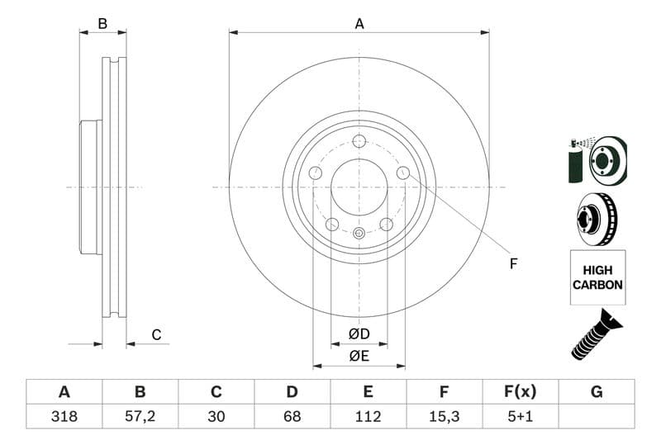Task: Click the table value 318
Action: pyautogui.click(x=64, y=416)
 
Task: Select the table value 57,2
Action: pyautogui.click(x=140, y=416)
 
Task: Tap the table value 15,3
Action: pyautogui.click(x=444, y=416)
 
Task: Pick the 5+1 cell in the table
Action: pyautogui.click(x=521, y=416)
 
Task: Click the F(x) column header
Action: pyautogui.click(x=521, y=391)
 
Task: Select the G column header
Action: pyautogui.click(x=597, y=391)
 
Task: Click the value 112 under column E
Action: pyautogui.click(x=368, y=416)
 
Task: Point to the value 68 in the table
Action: pyautogui.click(x=292, y=416)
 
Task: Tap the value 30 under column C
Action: pyautogui.click(x=216, y=416)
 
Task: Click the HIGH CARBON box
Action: pyautogui.click(x=597, y=277)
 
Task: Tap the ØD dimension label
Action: pyautogui.click(x=359, y=334)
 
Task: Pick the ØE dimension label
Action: pyautogui.click(x=359, y=357)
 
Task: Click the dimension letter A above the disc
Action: pyautogui.click(x=359, y=24)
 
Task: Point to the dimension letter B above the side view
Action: pyautogui.click(x=102, y=24)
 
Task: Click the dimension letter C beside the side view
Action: pyautogui.click(x=156, y=335)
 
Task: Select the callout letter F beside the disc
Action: pyautogui.click(x=513, y=264)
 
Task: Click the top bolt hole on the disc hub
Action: pyautogui.click(x=359, y=141)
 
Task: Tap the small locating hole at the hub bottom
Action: pyautogui.click(x=359, y=233)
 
